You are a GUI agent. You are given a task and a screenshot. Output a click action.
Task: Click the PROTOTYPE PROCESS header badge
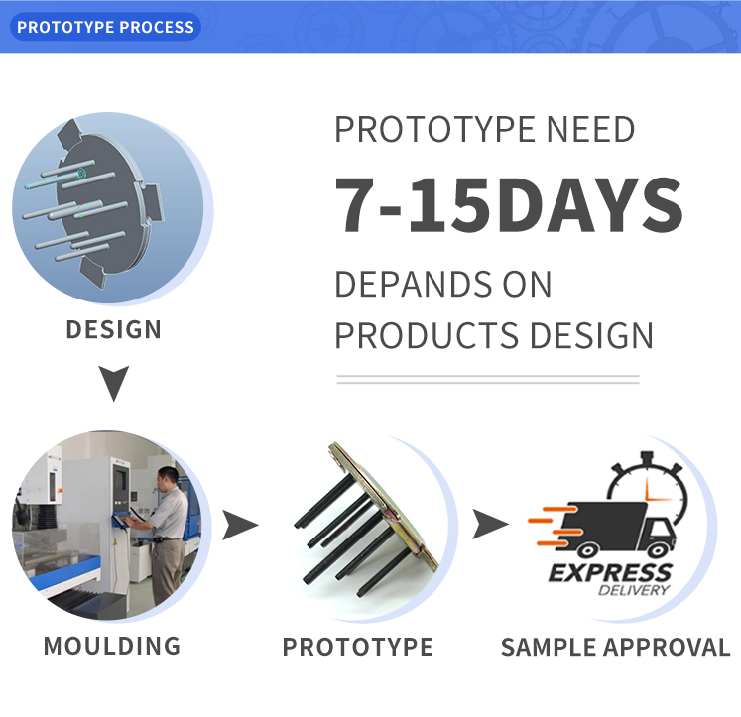105,27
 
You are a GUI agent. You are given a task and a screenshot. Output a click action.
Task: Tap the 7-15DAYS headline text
509,205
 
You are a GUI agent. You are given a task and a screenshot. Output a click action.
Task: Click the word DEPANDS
408,284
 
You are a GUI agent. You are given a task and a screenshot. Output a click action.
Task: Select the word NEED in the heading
591,129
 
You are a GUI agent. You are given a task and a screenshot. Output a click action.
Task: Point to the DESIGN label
114,329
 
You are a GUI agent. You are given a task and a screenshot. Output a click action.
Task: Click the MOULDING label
112,646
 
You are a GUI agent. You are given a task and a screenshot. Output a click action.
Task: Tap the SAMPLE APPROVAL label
616,647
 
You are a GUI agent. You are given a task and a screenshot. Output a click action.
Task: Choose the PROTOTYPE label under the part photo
358,647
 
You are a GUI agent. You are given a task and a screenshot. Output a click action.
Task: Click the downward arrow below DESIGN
114,383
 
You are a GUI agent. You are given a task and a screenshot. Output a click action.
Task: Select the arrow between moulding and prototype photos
239,525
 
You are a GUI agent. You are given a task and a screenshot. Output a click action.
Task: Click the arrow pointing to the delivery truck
490,525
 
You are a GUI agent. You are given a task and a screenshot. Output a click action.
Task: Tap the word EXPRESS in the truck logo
610,573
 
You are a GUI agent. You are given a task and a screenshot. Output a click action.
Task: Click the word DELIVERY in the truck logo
634,590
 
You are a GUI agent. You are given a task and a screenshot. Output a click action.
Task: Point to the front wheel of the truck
658,550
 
